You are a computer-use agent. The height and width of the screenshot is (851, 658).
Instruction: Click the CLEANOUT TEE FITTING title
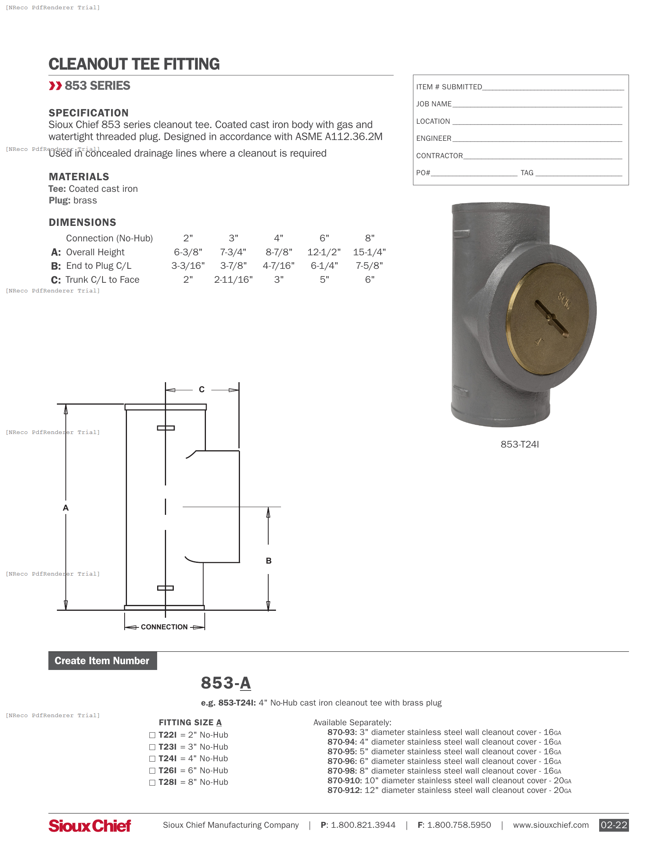coord(134,64)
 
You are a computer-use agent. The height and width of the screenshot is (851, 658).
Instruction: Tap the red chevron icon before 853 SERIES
coord(55,86)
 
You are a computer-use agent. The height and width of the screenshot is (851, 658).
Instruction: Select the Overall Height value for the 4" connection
coord(279,252)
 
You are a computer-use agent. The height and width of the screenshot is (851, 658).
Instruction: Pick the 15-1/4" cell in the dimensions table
coord(369,252)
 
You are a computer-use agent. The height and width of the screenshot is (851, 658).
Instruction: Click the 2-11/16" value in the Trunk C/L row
coord(233,280)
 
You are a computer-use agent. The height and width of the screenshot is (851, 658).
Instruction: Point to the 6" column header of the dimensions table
coord(324,238)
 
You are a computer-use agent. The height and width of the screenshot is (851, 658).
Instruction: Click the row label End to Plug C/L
coord(99,266)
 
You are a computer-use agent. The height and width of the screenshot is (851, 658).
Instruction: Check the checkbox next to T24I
coord(153,759)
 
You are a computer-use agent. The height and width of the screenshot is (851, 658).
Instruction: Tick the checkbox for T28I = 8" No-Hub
coord(153,783)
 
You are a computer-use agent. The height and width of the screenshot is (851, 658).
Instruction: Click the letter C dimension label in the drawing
coord(202,389)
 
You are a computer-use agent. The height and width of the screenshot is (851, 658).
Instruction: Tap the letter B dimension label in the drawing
coord(269,561)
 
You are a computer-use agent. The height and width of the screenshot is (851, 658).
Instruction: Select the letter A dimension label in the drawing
coord(65,508)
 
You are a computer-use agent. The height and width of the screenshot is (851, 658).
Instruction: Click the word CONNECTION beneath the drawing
coord(164,627)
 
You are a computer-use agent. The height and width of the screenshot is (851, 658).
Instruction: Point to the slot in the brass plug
coord(551,318)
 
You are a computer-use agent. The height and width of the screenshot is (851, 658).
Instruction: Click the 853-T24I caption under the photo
coord(519,444)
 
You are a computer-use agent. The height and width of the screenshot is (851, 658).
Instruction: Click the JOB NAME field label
coord(434,104)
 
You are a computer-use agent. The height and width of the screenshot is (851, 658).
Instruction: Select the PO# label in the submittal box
coord(423,173)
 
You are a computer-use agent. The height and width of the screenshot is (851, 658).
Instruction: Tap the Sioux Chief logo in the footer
coord(90,825)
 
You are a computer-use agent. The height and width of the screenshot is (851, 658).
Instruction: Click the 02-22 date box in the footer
coord(613,825)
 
